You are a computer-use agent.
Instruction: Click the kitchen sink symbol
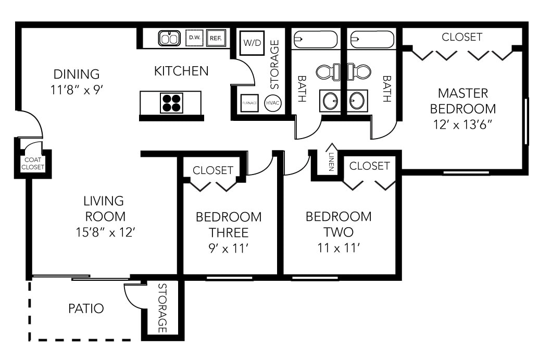click(x=169, y=38)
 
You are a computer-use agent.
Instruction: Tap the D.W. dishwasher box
click(x=194, y=38)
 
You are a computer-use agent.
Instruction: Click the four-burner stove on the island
click(x=171, y=103)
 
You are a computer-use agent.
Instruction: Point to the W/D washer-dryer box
click(x=253, y=43)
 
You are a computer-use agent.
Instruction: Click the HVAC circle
click(x=273, y=103)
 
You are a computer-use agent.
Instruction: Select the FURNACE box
click(x=249, y=103)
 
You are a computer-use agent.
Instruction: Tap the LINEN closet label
click(x=331, y=162)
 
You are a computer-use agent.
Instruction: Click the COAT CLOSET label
click(x=32, y=164)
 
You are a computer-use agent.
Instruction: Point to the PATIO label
click(x=86, y=308)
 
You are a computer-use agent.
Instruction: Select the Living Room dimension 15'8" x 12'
click(x=104, y=231)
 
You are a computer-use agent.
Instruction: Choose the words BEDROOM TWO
click(x=338, y=224)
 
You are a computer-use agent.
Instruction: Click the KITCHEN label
click(x=181, y=71)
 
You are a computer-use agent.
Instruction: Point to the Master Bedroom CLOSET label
click(x=462, y=37)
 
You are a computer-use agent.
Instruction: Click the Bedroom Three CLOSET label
click(x=213, y=170)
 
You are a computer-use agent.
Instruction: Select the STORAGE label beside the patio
click(x=162, y=308)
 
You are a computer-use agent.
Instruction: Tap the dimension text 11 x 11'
click(x=338, y=248)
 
